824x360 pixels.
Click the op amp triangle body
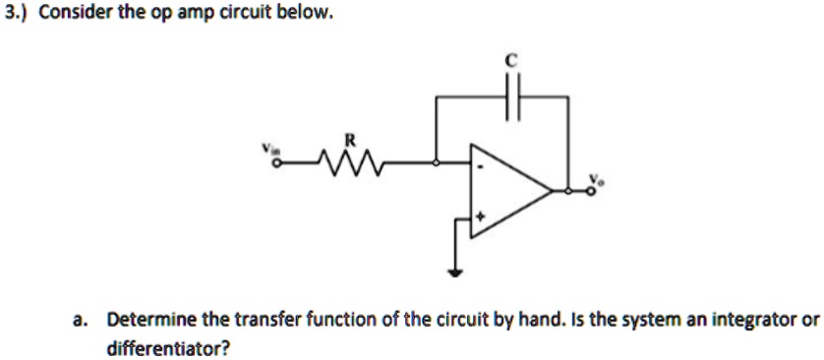[506, 192]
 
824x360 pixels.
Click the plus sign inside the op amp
[481, 214]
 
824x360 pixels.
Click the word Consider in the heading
[68, 14]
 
